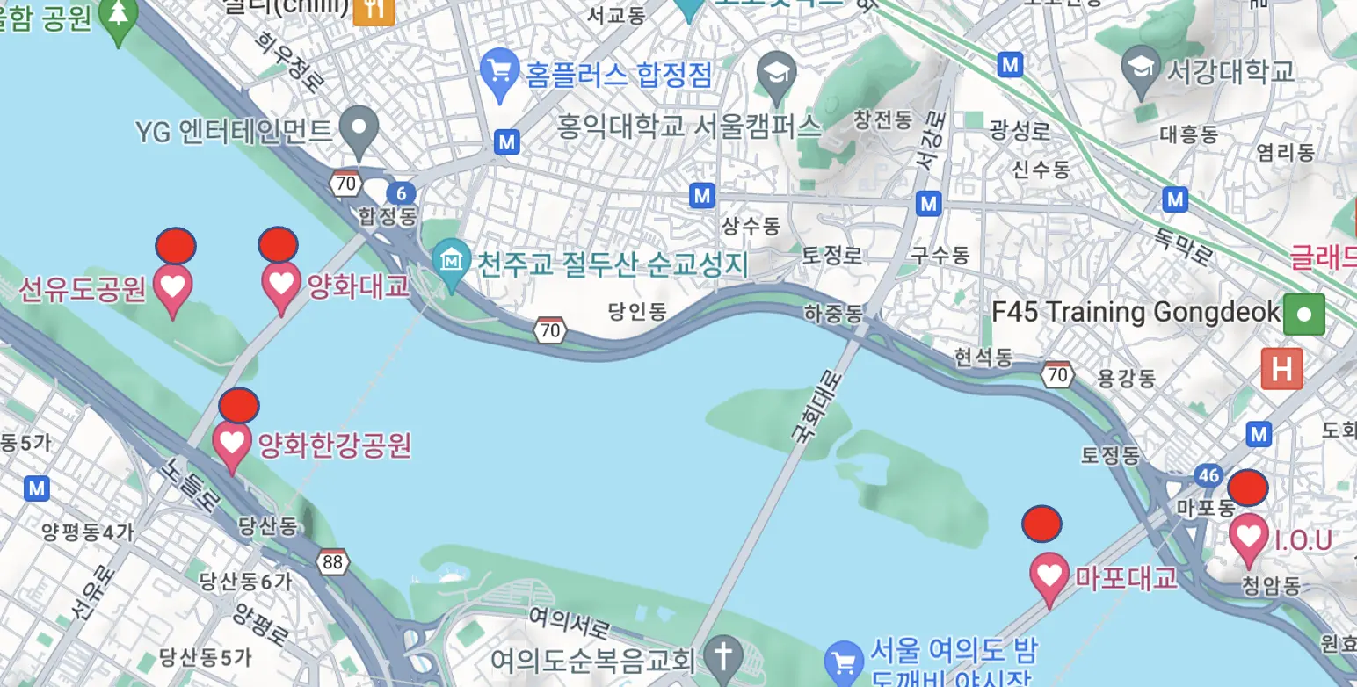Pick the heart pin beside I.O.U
(1248, 537)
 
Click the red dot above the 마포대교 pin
(1041, 524)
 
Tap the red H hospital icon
(1281, 370)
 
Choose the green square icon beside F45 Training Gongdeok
(1303, 315)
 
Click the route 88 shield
(332, 562)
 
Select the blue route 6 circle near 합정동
(400, 193)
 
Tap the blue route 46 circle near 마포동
(1208, 476)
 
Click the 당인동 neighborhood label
(638, 311)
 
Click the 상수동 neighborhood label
(751, 226)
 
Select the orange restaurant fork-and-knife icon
(374, 9)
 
